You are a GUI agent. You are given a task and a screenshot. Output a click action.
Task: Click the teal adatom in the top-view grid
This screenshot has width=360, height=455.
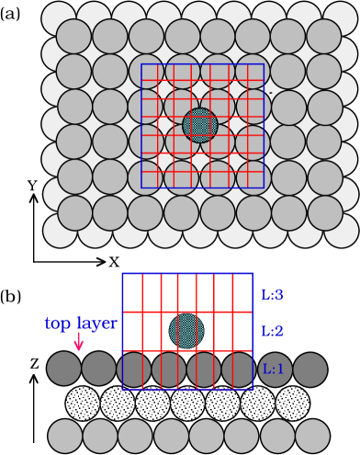click(x=200, y=125)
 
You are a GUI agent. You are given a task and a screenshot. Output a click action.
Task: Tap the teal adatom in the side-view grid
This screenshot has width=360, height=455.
click(x=186, y=331)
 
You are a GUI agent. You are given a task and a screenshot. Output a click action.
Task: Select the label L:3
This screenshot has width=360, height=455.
click(x=273, y=295)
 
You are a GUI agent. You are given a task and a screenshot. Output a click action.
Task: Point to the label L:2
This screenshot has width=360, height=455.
click(x=273, y=331)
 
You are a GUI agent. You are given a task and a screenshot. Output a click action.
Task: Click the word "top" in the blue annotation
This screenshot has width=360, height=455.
click(x=61, y=324)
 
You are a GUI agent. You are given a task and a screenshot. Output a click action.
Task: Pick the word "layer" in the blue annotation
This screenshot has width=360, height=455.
click(x=98, y=324)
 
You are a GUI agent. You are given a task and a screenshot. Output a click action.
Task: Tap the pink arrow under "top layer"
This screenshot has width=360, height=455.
click(x=79, y=341)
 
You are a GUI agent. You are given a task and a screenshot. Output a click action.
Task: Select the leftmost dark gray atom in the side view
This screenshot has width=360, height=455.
click(x=64, y=370)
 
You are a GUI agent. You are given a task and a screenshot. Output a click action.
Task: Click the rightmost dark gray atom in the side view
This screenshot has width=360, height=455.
click(x=309, y=370)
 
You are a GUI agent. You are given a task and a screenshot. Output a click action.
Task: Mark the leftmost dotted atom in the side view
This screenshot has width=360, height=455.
click(x=83, y=403)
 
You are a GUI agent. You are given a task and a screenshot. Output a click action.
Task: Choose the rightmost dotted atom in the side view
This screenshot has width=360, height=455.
click(x=292, y=403)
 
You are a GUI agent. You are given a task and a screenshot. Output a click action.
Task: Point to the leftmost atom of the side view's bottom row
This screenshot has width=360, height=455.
click(x=65, y=436)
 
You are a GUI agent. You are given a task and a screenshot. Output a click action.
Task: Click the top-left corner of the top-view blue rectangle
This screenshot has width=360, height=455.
click(x=141, y=64)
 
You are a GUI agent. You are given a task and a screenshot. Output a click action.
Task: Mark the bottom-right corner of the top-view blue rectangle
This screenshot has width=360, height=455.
click(x=264, y=188)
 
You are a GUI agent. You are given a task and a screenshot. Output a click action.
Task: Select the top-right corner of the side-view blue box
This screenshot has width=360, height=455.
click(x=252, y=274)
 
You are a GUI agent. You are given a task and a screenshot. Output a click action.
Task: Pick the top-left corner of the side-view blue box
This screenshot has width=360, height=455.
click(x=123, y=274)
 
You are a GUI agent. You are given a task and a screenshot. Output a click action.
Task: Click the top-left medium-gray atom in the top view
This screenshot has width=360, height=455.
click(x=74, y=36)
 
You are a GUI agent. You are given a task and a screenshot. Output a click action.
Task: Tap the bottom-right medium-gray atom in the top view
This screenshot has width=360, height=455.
click(x=324, y=212)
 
